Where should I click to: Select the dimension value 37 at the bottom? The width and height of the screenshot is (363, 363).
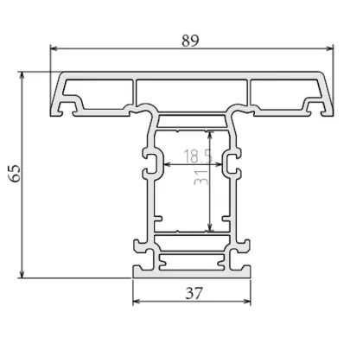tap(194, 293)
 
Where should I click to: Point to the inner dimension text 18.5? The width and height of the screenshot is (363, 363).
tap(195, 157)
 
